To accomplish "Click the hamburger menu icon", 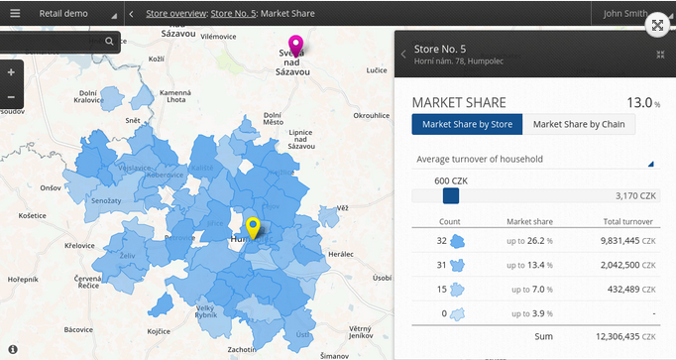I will pyautogui.click(x=15, y=14).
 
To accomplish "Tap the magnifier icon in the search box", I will pyautogui.click(x=109, y=42).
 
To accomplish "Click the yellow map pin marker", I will pyautogui.click(x=253, y=227).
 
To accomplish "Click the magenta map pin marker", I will pyautogui.click(x=295, y=45).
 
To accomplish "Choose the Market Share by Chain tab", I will pyautogui.click(x=580, y=124).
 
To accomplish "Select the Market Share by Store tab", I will pyautogui.click(x=467, y=124).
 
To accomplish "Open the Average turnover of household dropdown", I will pyautogui.click(x=535, y=159).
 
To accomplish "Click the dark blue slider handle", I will pyautogui.click(x=451, y=196).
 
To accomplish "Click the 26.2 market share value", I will pyautogui.click(x=535, y=240).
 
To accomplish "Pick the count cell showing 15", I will pyautogui.click(x=442, y=289).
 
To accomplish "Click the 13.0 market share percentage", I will pyautogui.click(x=639, y=102).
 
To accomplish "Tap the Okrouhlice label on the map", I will pyautogui.click(x=373, y=114).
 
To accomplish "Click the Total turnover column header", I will pyautogui.click(x=628, y=221).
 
